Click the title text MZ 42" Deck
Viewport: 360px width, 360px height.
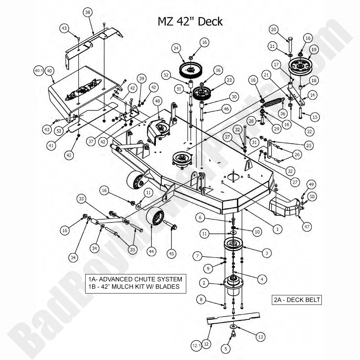(190, 21)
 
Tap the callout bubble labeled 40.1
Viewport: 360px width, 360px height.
(39, 71)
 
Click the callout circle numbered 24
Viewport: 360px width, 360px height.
(176, 48)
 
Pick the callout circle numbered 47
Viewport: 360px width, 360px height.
(307, 227)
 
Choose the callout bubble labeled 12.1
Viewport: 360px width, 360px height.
(197, 345)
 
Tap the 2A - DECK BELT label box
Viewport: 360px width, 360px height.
(297, 300)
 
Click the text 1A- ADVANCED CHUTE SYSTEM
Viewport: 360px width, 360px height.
(135, 279)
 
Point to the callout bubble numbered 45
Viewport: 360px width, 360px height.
(171, 253)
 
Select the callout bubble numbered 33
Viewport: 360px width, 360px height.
(82, 199)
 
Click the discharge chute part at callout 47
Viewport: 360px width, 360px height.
(285, 207)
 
